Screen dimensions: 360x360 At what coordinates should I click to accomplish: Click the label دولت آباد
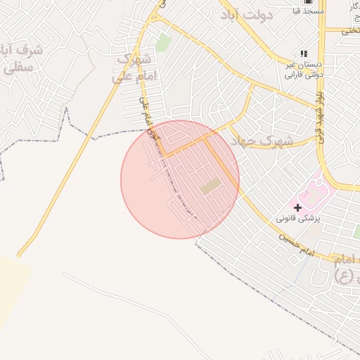(x=244, y=15)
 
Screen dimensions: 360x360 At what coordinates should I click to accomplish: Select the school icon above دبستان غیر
(x=304, y=53)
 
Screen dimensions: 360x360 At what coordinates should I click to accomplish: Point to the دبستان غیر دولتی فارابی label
(x=303, y=67)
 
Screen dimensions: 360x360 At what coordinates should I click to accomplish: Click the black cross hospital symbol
(x=298, y=207)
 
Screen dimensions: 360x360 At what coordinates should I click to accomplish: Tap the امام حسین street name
(x=295, y=245)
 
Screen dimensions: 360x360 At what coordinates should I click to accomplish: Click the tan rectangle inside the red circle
(x=210, y=187)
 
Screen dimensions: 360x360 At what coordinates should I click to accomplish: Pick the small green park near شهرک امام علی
(x=163, y=42)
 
